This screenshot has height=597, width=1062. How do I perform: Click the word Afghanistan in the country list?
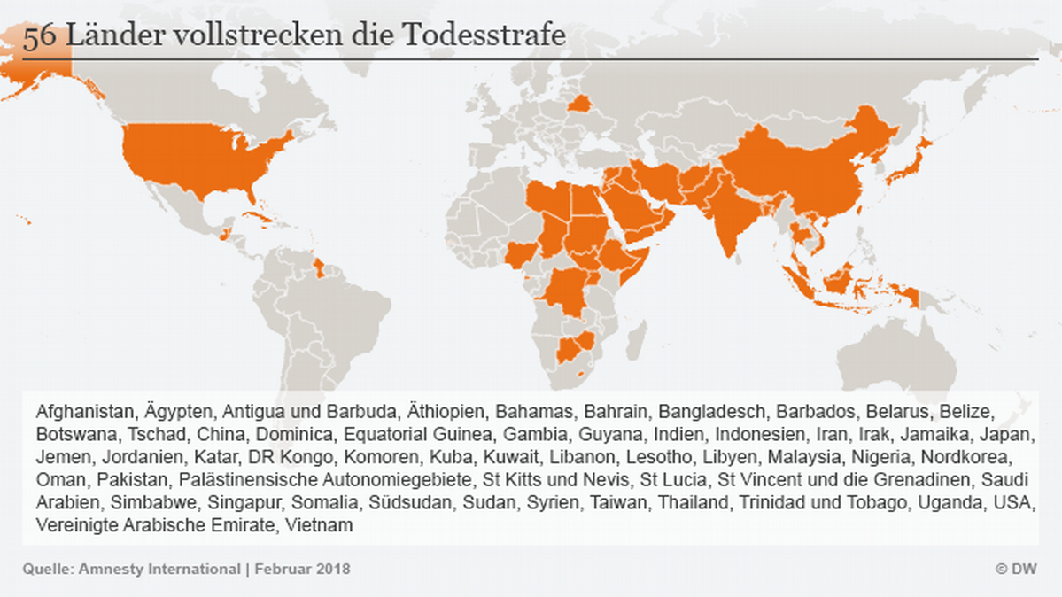[85, 412]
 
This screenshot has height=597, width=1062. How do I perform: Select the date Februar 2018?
[303, 569]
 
